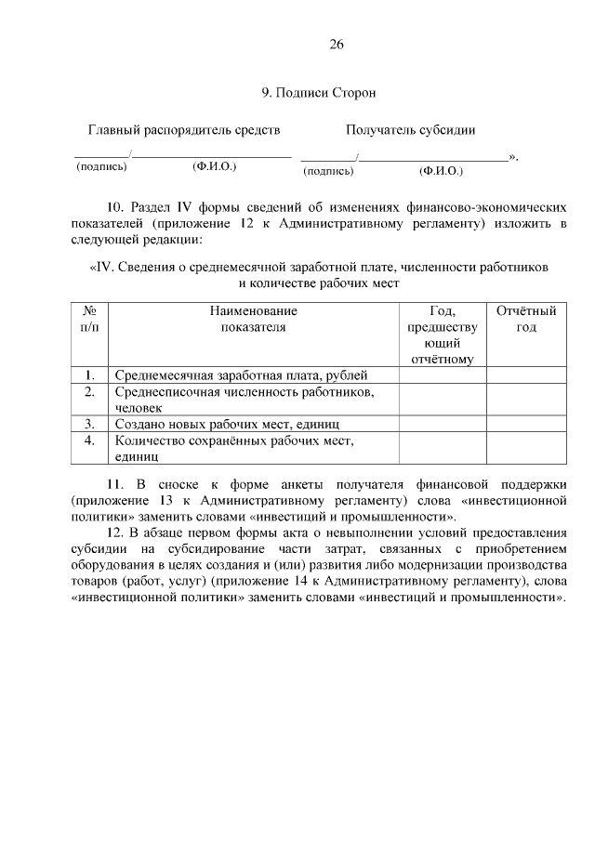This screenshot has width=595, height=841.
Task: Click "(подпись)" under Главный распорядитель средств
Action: (100, 167)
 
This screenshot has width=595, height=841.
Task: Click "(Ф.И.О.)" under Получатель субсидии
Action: (441, 171)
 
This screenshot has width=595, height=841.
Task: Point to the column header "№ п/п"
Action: (90, 319)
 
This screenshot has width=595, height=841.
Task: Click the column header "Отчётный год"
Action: (526, 319)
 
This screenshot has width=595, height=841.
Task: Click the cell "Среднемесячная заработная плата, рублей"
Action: (242, 375)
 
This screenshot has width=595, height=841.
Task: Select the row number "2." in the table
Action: (90, 392)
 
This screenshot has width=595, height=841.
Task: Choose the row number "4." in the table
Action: (90, 440)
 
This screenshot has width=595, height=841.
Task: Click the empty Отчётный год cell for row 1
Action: (526, 375)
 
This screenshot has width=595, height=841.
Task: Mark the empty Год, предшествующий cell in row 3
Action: (443, 424)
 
